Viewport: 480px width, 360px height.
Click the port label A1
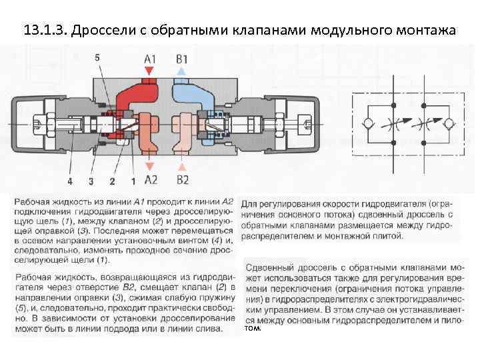click(x=151, y=59)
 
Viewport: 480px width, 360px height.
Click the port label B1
click(x=182, y=59)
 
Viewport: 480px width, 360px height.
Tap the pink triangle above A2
click(x=151, y=167)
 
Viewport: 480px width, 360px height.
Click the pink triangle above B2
click(x=182, y=167)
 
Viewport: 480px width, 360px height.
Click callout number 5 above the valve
click(x=98, y=58)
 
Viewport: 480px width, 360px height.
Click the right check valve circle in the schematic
click(x=446, y=125)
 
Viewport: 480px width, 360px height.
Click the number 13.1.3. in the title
click(x=45, y=31)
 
